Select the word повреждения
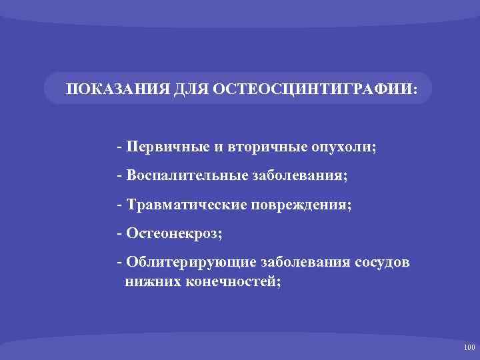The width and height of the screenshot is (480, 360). coord(299,205)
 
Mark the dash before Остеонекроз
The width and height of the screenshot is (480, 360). coord(118,234)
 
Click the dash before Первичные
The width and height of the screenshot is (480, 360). coord(118,147)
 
